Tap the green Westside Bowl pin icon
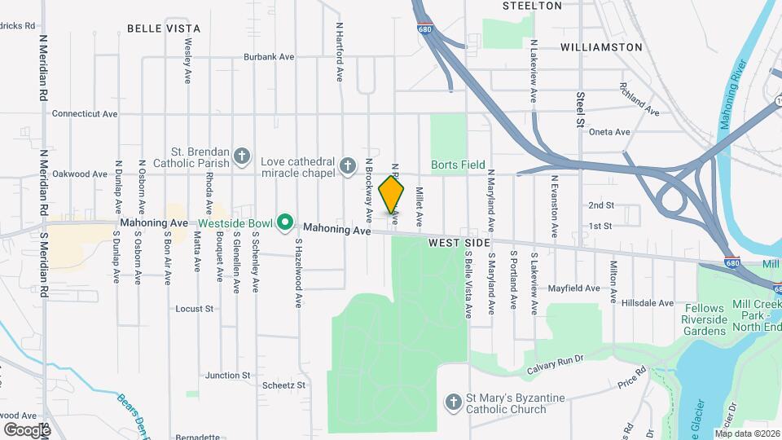click(285, 222)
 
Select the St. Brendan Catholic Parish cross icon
click(241, 155)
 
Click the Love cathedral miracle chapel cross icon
click(347, 167)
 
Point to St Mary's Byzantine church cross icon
click(454, 403)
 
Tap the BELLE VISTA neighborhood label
click(164, 27)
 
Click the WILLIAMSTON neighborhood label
click(601, 47)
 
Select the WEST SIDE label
click(459, 243)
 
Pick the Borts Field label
click(459, 165)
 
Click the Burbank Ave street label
click(269, 58)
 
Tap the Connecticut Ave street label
click(85, 114)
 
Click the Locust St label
click(194, 309)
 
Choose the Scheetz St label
click(283, 385)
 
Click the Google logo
click(26, 429)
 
